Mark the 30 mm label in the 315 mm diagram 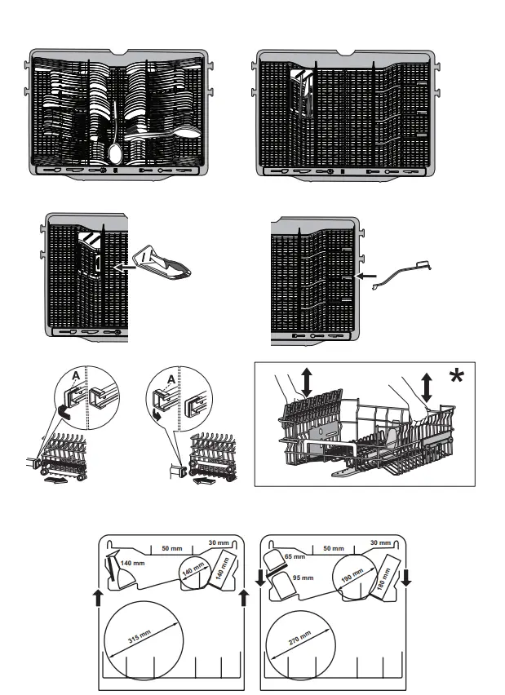tap(219, 542)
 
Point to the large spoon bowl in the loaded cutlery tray tap(115, 153)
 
